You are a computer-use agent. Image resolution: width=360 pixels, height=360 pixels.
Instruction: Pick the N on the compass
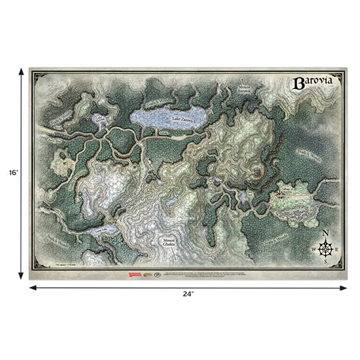(326, 233)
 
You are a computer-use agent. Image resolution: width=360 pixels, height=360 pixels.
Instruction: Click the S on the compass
(326, 261)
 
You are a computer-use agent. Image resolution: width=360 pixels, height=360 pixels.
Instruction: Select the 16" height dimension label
(10, 173)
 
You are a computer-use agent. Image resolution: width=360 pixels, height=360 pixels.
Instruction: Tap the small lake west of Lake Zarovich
(102, 124)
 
